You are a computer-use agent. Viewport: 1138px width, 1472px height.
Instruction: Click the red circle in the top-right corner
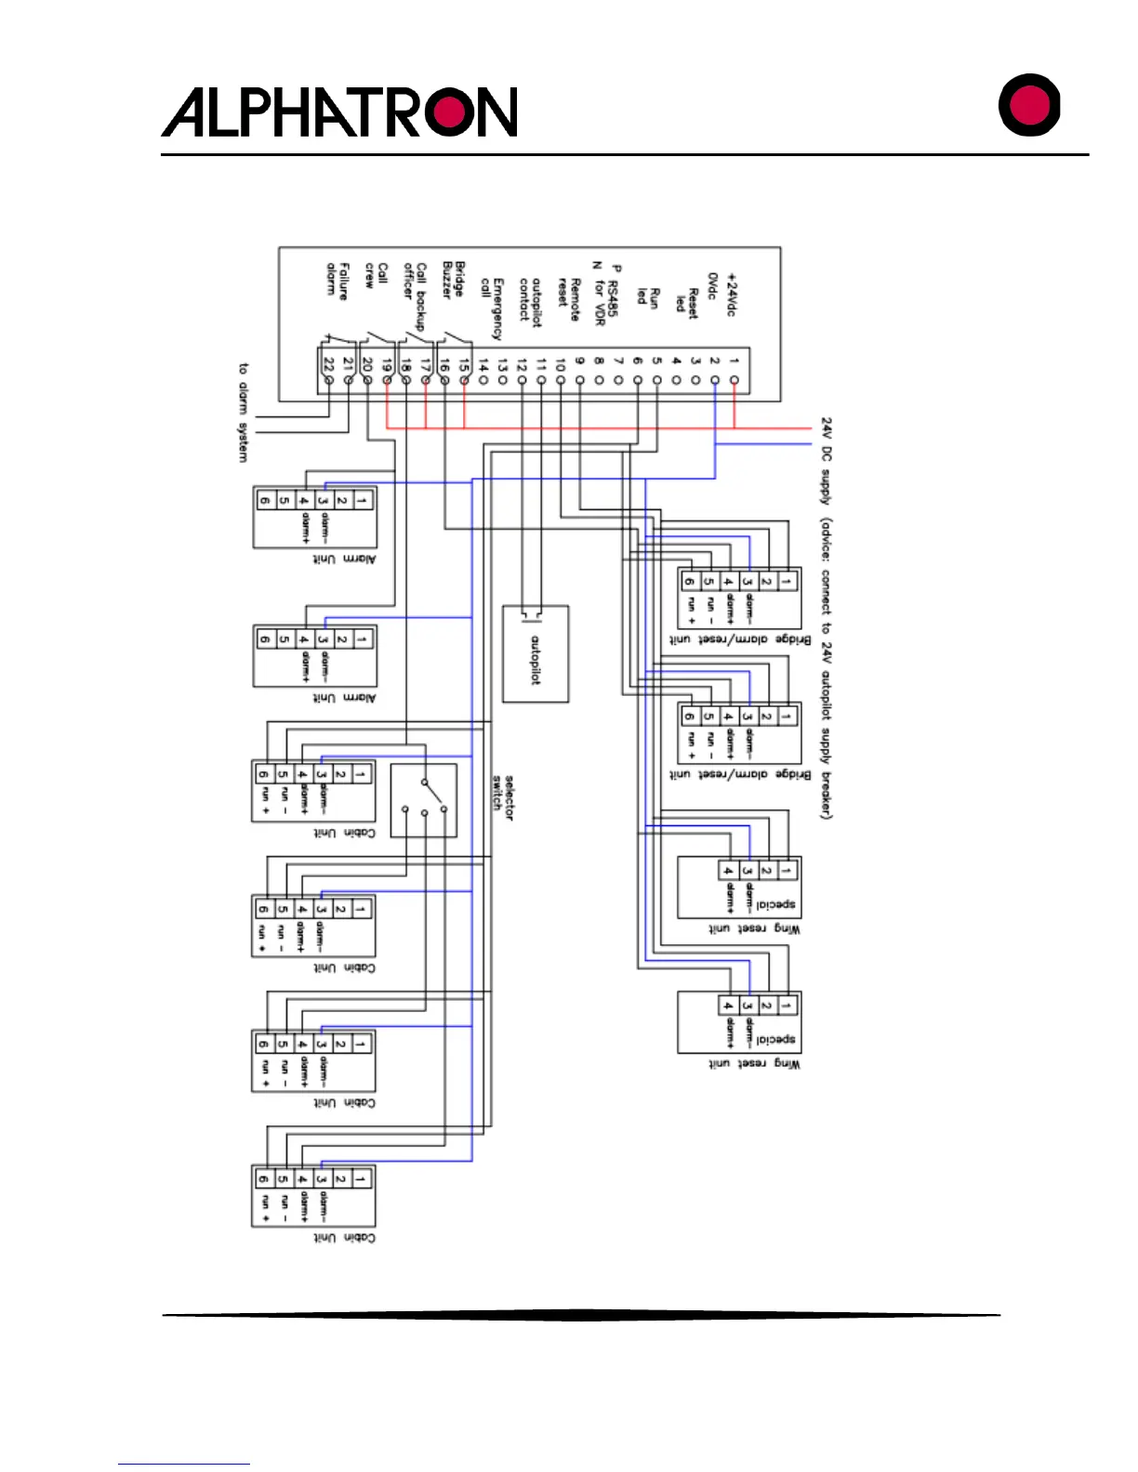[x=1029, y=105]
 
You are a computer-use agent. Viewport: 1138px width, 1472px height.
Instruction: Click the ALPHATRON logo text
[x=339, y=112]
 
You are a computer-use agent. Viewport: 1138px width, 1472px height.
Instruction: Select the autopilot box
[x=536, y=653]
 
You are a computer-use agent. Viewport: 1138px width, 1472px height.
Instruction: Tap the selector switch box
[x=424, y=800]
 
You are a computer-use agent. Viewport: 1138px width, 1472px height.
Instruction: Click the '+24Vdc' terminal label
[x=731, y=295]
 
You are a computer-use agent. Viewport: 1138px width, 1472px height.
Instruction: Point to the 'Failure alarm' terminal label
[x=337, y=280]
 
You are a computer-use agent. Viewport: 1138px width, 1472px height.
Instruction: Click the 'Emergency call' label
[x=492, y=307]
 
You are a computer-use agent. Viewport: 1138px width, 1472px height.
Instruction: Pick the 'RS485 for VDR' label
[x=605, y=296]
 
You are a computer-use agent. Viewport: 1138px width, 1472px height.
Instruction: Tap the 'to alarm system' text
[x=244, y=412]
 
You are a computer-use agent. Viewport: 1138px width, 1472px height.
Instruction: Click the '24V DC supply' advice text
[x=826, y=618]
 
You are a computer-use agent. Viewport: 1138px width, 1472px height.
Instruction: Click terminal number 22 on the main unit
[x=328, y=363]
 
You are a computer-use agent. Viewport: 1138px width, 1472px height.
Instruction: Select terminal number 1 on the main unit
[x=734, y=361]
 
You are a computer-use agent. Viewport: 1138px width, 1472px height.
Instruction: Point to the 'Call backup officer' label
[x=415, y=295]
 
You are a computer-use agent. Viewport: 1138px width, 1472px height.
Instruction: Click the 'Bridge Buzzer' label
[x=454, y=279]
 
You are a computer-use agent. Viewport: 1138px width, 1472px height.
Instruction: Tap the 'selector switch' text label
[x=503, y=796]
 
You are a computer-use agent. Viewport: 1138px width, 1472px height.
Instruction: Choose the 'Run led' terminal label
[x=648, y=296]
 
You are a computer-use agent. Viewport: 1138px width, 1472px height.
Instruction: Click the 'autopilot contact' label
[x=531, y=302]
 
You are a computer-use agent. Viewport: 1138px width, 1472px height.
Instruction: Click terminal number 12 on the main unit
[x=522, y=363]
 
